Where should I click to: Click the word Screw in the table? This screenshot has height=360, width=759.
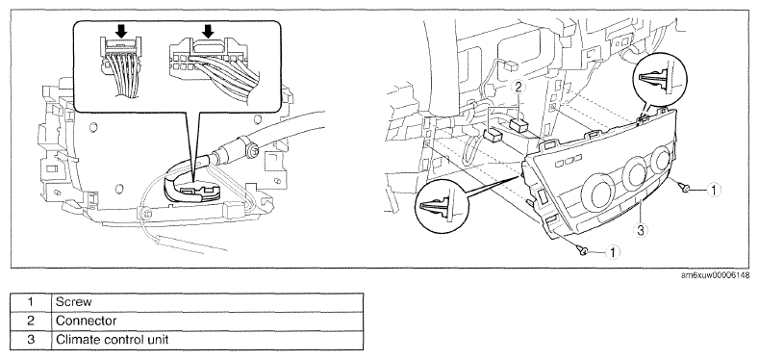(73, 302)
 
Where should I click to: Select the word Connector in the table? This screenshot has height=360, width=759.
(87, 321)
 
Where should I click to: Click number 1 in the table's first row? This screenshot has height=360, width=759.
(31, 302)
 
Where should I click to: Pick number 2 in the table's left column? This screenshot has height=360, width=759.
(31, 321)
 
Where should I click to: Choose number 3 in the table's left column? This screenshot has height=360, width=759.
(31, 340)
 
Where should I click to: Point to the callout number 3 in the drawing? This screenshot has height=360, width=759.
(640, 231)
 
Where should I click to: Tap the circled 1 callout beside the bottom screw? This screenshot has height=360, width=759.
(613, 251)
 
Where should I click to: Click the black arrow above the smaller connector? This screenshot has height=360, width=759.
(121, 32)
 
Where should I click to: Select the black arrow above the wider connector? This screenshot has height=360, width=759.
(208, 32)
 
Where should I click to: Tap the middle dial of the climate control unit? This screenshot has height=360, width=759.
(635, 172)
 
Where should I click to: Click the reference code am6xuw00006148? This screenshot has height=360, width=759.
(715, 275)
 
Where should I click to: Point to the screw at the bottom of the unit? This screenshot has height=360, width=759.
(584, 250)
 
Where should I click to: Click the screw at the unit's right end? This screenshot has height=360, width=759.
(686, 188)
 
